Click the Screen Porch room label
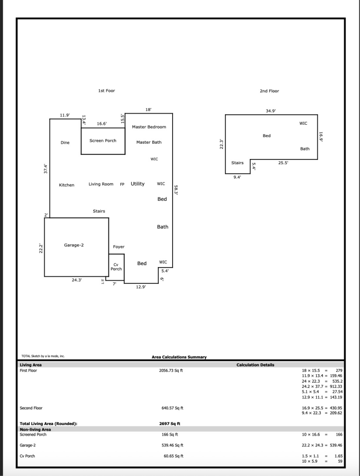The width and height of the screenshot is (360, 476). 103,141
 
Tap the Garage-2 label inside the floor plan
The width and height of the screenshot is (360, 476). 74,245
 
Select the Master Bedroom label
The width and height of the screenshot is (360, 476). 149,127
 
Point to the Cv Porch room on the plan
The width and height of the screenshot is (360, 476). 116,267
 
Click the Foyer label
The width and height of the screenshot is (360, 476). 118,247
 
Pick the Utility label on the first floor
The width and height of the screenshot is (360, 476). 137,184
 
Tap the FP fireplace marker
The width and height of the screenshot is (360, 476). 122,185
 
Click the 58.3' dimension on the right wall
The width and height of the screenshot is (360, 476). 176,189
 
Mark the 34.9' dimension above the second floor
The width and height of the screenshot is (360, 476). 271,110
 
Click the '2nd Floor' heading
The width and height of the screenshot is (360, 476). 269,91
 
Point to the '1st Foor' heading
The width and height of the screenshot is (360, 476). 107,90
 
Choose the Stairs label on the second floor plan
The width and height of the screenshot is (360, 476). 237,163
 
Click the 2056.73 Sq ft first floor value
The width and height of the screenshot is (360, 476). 170,370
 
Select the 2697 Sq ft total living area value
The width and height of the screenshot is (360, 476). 169,423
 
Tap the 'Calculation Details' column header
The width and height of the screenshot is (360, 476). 255,365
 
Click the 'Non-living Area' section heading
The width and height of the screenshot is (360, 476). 35,429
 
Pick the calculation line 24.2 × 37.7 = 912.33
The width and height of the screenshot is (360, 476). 322,386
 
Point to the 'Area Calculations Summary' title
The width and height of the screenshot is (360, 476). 179,357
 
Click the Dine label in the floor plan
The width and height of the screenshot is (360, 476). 65,143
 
